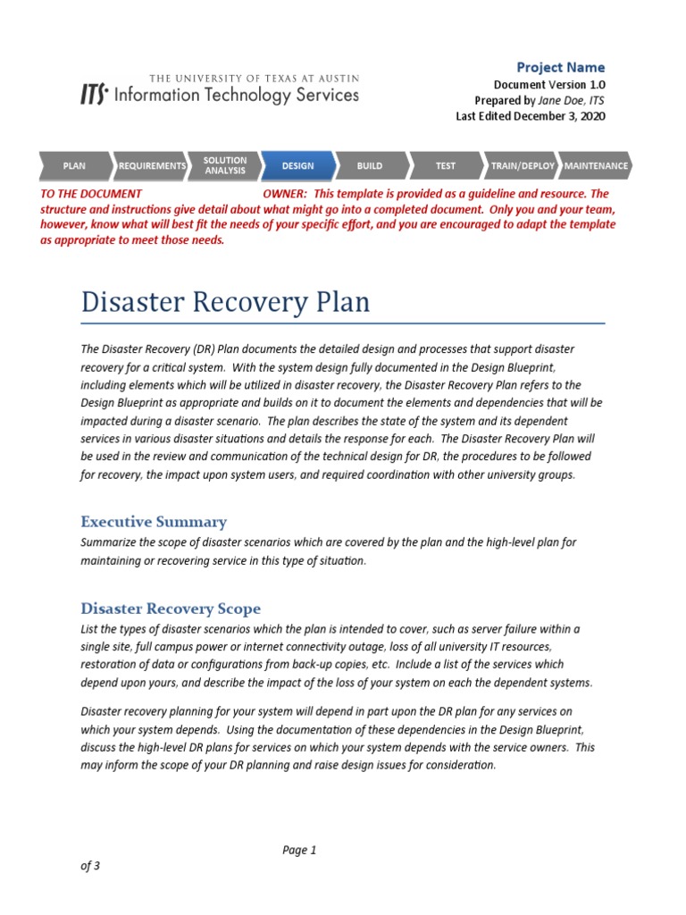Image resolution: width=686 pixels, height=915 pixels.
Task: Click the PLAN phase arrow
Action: [74, 166]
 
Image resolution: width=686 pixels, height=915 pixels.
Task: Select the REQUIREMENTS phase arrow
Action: [152, 166]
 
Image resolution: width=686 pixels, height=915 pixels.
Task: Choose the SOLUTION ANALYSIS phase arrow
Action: [224, 166]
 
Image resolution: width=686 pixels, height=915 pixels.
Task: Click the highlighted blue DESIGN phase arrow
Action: [298, 166]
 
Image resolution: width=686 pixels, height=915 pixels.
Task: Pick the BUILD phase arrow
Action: [370, 166]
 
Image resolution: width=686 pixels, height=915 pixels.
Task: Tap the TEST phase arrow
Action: [445, 166]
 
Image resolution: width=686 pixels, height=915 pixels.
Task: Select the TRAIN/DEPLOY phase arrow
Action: [523, 166]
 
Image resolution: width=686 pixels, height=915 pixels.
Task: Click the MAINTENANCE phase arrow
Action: [596, 166]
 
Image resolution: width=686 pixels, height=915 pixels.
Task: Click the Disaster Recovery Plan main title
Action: [225, 302]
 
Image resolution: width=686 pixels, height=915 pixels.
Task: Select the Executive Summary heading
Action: [154, 522]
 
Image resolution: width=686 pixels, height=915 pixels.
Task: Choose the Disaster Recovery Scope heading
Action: [171, 609]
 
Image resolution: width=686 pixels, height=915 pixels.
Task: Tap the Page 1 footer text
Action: [299, 850]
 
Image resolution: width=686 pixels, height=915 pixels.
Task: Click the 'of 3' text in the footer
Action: [90, 866]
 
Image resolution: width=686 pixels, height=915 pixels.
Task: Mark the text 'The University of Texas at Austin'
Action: [254, 78]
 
